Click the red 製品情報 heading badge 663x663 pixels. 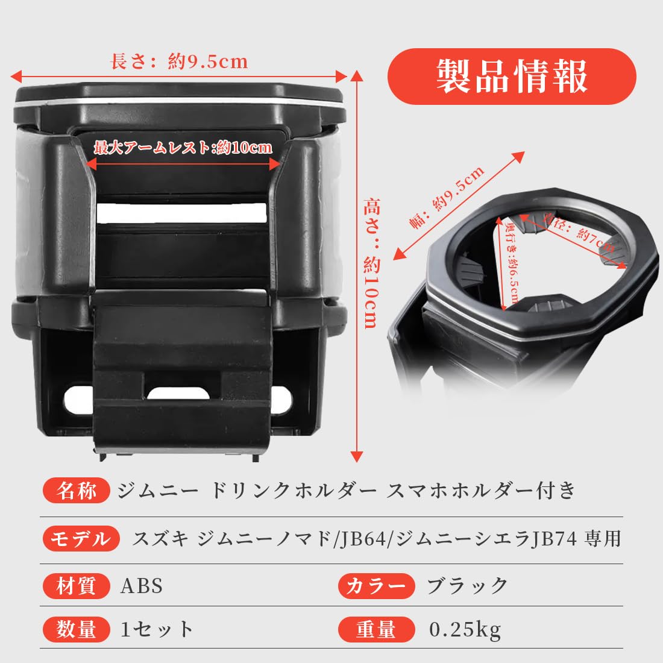(x=512, y=77)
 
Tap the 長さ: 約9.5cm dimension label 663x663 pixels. (x=179, y=61)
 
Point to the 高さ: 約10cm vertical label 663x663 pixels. (x=372, y=263)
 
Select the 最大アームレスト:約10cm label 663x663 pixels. (x=183, y=148)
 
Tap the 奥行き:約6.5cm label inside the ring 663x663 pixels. (x=512, y=263)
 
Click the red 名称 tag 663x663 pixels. (x=77, y=491)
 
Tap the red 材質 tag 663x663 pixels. (x=77, y=586)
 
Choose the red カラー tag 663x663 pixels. (x=376, y=586)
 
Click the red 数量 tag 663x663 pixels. (x=77, y=629)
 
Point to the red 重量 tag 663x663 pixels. (x=376, y=629)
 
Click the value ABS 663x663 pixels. (x=142, y=586)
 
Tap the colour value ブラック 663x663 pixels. (x=467, y=586)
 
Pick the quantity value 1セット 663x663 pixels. (x=157, y=629)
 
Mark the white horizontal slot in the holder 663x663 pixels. (x=182, y=213)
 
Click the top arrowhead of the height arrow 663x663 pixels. (x=357, y=76)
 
